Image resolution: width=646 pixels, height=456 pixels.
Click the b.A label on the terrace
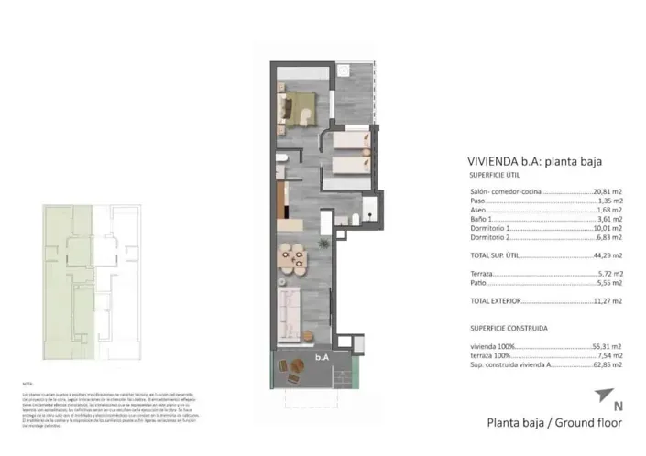tap(322, 358)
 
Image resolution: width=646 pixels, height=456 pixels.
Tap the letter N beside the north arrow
tap(618, 406)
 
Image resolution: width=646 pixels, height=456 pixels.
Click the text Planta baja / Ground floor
tap(553, 424)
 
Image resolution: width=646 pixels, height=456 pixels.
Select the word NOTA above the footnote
tap(27, 383)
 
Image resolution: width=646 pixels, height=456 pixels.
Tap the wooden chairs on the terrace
tap(292, 369)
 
